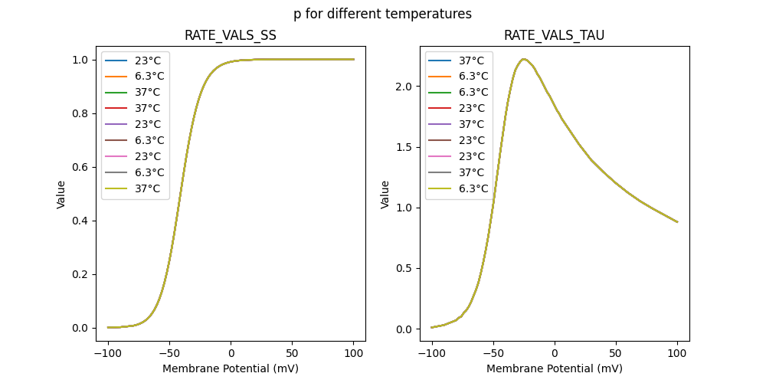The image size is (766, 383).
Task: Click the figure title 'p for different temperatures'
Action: (x=382, y=14)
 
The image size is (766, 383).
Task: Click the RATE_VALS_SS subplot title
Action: (x=231, y=36)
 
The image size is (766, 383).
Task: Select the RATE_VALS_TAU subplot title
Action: (x=554, y=36)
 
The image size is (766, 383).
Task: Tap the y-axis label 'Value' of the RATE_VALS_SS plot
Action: (x=61, y=194)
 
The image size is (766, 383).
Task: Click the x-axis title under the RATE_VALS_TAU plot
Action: (x=555, y=368)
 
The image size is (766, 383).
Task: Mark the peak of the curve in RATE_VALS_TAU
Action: (x=524, y=59)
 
